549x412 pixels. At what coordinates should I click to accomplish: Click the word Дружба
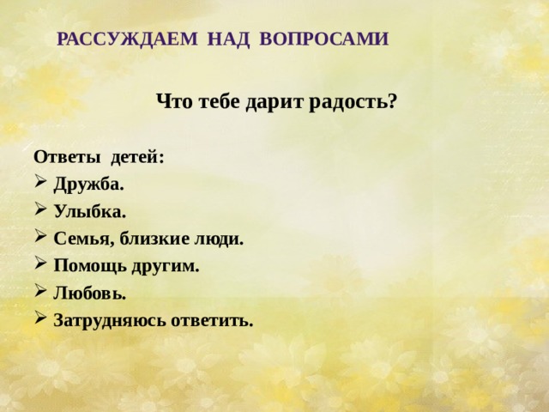(89, 184)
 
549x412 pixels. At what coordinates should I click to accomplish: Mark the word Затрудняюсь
(112, 321)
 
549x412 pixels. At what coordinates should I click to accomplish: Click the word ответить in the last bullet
(214, 321)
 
